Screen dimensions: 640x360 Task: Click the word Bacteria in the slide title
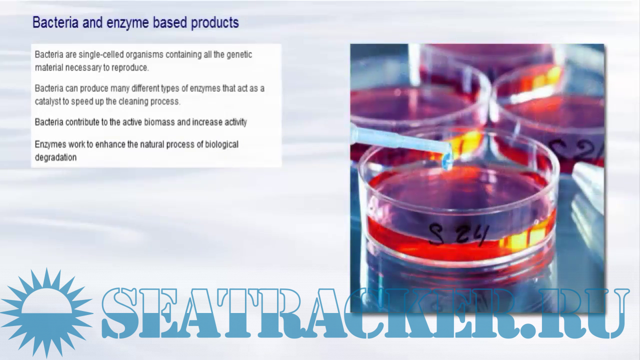[55, 22]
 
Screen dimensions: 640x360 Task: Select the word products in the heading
[215, 23]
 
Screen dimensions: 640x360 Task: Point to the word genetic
[239, 55]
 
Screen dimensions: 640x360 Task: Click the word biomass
[159, 122]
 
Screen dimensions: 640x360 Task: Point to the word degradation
[55, 157]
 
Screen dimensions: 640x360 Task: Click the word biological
[221, 144]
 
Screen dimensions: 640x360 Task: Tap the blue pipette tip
[446, 161]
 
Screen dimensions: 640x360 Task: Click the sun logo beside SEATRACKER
[46, 313]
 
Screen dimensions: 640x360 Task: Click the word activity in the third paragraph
[235, 122]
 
